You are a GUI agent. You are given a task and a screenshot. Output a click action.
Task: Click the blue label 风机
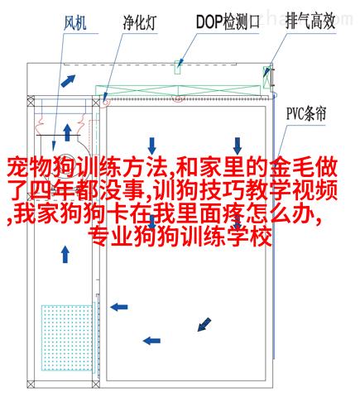coord(75,22)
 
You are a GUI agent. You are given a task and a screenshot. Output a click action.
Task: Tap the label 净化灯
coord(139,22)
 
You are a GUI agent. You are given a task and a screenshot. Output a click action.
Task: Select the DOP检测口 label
coord(228,22)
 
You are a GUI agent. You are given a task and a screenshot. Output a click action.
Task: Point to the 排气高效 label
coord(310,22)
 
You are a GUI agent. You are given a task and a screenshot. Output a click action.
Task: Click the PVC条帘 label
coord(306,113)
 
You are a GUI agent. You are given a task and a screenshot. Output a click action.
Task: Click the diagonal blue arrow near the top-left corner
coord(68,81)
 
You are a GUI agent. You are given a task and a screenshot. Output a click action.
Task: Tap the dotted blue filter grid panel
coord(67,337)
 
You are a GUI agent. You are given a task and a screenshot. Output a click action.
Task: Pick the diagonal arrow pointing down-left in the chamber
coord(204,324)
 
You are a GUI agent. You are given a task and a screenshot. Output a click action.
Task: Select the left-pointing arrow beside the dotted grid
coord(119,307)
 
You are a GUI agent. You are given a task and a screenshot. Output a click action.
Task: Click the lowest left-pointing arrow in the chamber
coord(151,341)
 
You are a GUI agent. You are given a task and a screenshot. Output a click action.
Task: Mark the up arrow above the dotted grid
coord(65,254)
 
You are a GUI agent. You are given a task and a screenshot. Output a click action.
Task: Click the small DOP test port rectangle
coord(178,67)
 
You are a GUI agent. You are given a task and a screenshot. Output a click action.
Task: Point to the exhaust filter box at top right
coord(266,77)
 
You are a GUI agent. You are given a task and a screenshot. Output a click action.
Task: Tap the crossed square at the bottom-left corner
coord(31,384)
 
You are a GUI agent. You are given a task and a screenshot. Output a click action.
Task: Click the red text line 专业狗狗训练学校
coord(180,237)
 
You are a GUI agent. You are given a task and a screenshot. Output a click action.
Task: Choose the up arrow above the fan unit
coord(67,132)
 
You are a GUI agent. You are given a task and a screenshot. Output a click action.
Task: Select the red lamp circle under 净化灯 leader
coord(106,102)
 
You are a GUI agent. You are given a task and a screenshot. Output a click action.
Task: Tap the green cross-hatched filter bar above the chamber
coord(178,90)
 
